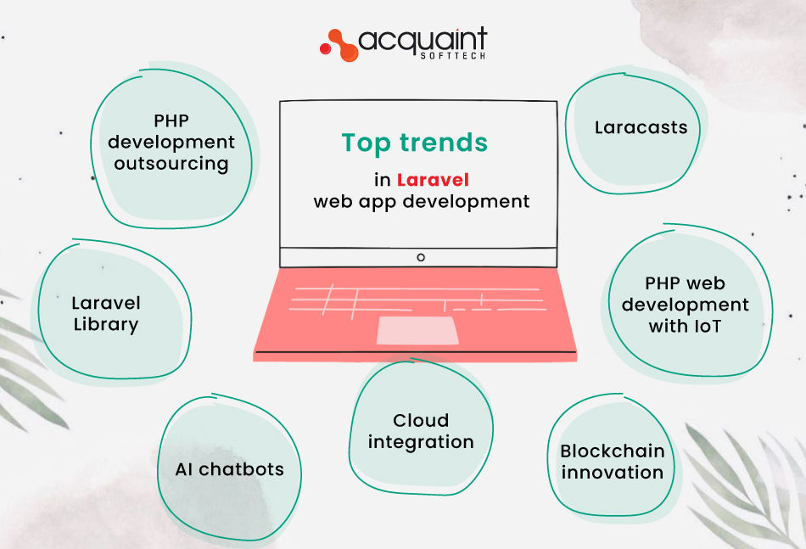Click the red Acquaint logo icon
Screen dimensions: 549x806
(x=337, y=44)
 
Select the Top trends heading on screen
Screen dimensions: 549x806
(x=415, y=143)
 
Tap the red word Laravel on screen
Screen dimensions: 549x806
(x=433, y=180)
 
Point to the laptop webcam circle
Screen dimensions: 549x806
(x=420, y=257)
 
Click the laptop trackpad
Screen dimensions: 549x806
(x=417, y=330)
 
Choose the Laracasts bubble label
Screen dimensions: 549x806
(x=641, y=128)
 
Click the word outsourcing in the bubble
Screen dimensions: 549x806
(x=171, y=163)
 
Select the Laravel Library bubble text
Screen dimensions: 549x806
(x=106, y=313)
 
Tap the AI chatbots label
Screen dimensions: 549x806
(x=229, y=469)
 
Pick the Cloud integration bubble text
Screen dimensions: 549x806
(x=421, y=431)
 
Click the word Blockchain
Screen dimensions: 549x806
(x=612, y=451)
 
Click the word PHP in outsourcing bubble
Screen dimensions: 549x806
(x=171, y=120)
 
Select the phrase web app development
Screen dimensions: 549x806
(x=422, y=202)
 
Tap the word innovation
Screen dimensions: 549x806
(x=612, y=473)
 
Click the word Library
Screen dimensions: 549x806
(x=106, y=324)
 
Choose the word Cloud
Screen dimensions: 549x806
(x=421, y=420)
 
